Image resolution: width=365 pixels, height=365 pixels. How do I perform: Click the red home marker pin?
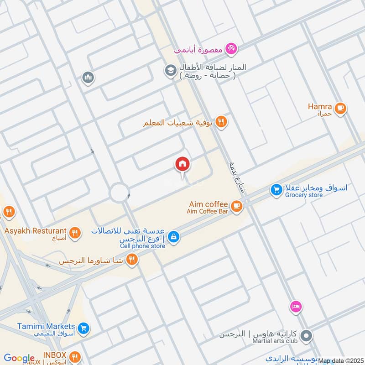tap(182, 164)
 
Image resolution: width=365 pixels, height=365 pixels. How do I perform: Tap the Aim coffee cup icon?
tap(236, 207)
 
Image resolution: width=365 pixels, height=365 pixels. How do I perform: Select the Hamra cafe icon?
tap(340, 109)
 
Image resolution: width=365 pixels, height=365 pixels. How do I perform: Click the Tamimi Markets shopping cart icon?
tap(83, 328)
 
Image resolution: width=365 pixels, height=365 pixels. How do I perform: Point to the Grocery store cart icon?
tap(276, 189)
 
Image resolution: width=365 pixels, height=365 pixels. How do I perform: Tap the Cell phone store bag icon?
tap(173, 237)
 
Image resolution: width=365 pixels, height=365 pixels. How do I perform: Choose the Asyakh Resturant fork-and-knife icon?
tap(76, 233)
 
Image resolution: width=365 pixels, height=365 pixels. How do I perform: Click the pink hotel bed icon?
tap(296, 307)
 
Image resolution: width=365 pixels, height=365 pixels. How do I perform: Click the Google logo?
tap(19, 359)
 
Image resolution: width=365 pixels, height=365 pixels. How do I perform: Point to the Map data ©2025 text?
tap(341, 361)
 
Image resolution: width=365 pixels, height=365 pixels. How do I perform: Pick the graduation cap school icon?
tap(171, 71)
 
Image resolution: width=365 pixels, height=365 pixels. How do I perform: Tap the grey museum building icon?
tap(88, 78)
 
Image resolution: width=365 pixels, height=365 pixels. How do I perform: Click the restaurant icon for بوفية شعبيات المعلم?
tap(221, 121)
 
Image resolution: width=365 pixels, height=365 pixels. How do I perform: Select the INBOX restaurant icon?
tap(76, 356)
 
